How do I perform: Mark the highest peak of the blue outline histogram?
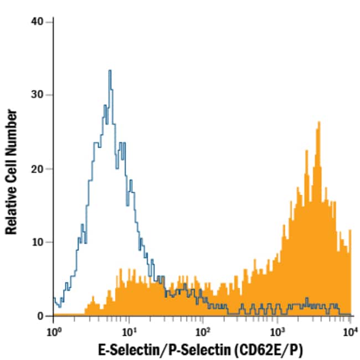110,70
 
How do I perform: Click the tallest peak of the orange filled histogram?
319,122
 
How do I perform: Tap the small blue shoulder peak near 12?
82,225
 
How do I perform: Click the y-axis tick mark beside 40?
50,21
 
